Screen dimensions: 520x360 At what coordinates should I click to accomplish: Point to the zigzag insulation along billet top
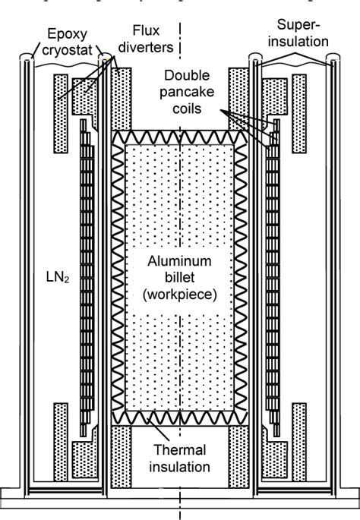coord(180,136)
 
